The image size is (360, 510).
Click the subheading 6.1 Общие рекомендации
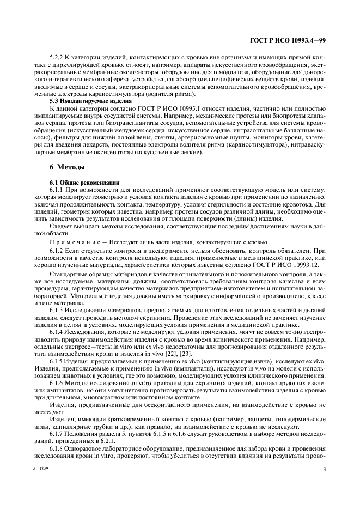coord(78,182)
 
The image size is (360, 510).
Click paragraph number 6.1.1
coord(57,189)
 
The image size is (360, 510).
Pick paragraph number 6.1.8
coord(57,441)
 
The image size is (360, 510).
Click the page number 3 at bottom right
coord(324,469)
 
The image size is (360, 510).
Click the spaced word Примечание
coord(72,241)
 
